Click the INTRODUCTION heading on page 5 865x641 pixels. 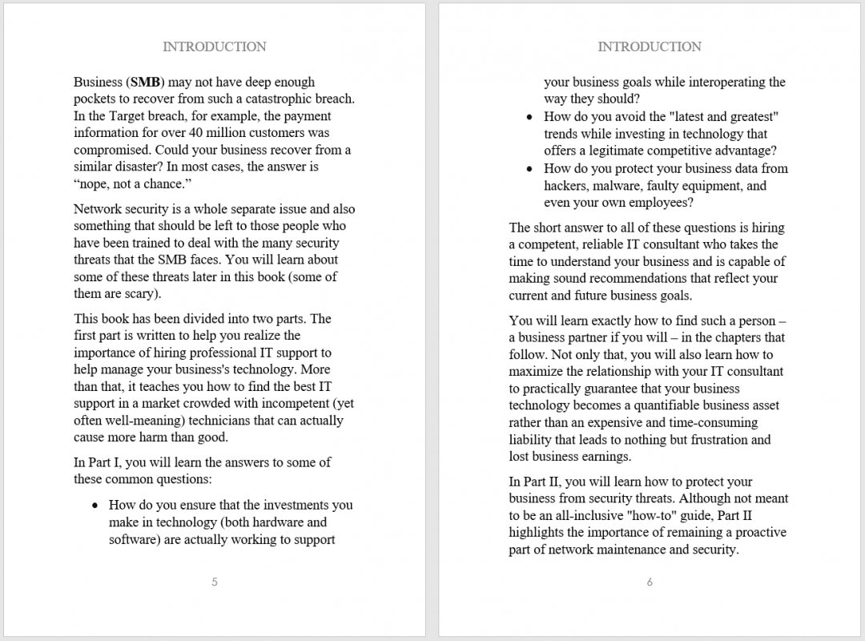(x=214, y=46)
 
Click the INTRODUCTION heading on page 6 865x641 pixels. (x=649, y=46)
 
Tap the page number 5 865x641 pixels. (x=214, y=583)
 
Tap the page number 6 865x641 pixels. (x=649, y=583)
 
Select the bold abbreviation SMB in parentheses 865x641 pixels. (x=145, y=82)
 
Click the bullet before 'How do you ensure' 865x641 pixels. (x=95, y=506)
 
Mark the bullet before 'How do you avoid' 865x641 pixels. (x=529, y=117)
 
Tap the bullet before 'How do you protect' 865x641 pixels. (x=529, y=168)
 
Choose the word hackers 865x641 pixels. (x=566, y=186)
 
